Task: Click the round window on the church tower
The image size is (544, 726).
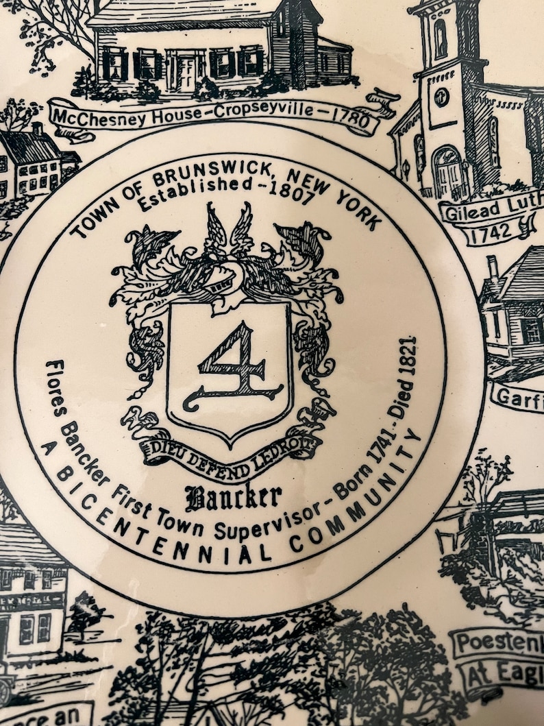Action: click(442, 97)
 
